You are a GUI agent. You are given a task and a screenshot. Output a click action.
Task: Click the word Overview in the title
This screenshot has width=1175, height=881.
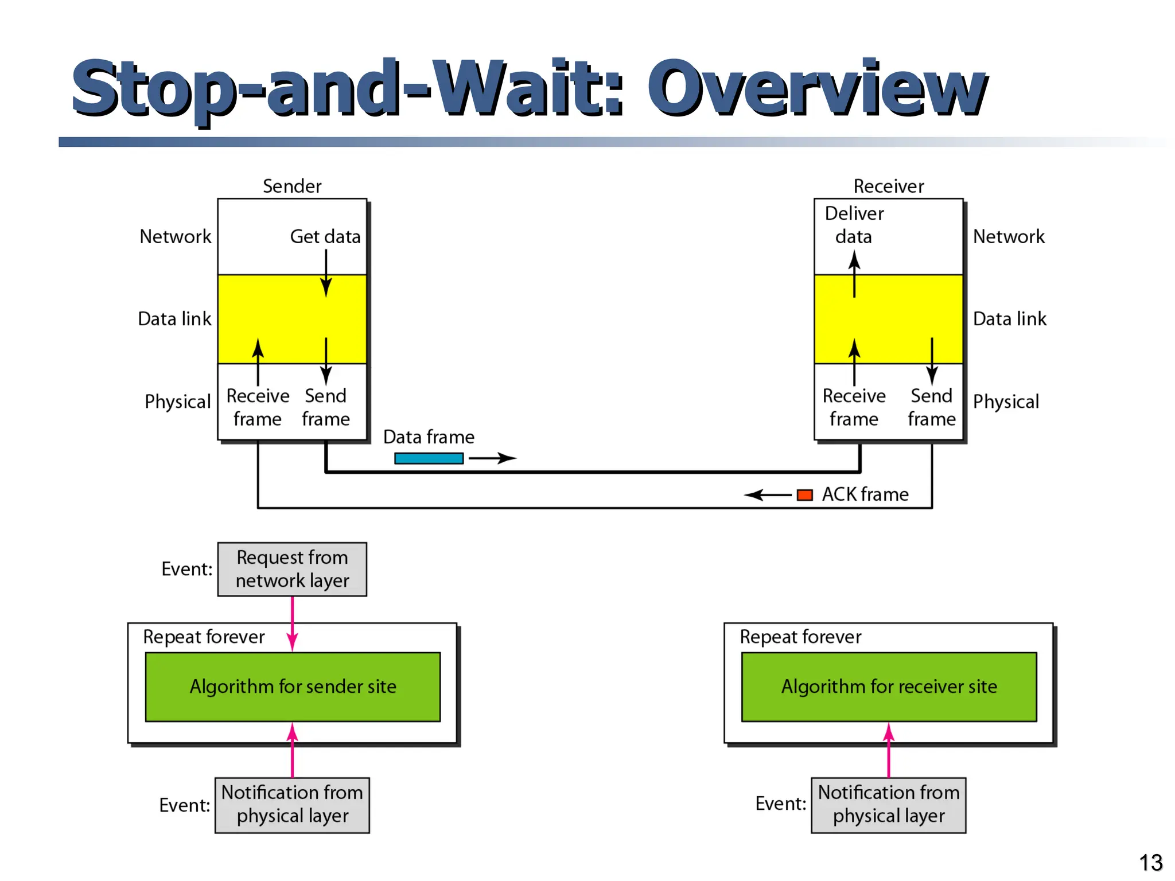click(x=817, y=89)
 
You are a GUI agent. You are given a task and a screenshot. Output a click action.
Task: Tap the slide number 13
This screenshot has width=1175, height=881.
click(x=1150, y=863)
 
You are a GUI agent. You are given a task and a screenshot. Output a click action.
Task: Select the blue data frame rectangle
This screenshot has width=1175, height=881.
click(x=429, y=458)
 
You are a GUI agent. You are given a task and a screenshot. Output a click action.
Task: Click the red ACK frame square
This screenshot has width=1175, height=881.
click(x=805, y=495)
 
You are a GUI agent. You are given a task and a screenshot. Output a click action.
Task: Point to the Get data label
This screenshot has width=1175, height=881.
click(x=325, y=236)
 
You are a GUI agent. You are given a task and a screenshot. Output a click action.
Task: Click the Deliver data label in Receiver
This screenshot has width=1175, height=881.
click(x=854, y=225)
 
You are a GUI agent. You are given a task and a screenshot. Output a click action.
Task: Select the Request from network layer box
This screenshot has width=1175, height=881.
click(x=292, y=569)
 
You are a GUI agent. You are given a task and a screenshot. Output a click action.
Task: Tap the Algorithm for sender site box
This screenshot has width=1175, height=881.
click(x=293, y=687)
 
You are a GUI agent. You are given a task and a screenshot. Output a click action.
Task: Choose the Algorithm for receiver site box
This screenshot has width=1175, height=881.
click(x=889, y=687)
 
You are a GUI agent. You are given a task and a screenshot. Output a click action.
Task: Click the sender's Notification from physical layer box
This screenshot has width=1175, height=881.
click(x=292, y=804)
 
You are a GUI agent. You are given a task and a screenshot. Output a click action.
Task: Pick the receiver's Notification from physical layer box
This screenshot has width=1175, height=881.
click(x=888, y=804)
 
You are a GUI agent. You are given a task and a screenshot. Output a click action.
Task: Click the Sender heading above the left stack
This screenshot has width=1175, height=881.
click(x=292, y=186)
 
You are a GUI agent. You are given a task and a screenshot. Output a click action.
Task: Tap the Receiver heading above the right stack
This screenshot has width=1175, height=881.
click(x=888, y=186)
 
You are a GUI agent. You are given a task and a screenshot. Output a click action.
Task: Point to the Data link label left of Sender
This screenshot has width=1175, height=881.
click(x=174, y=319)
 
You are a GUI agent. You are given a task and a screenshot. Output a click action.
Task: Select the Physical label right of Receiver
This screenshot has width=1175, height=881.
click(x=1006, y=401)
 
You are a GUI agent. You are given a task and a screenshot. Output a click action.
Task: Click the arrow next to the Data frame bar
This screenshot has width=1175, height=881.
click(x=492, y=458)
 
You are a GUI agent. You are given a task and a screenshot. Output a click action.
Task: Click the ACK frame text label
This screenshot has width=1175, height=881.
click(x=865, y=494)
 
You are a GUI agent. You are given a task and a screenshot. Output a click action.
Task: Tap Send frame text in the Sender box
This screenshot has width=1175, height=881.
click(x=325, y=407)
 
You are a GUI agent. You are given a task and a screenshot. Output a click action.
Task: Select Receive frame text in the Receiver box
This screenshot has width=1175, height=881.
click(x=854, y=407)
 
